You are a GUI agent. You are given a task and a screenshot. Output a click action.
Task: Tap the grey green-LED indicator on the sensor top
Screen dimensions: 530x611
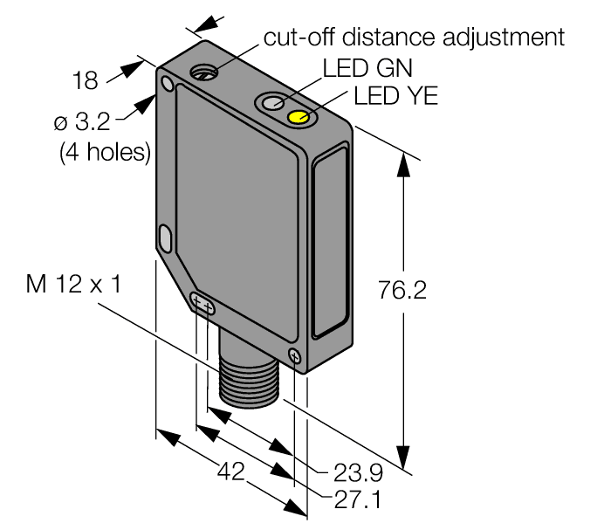pos(272,104)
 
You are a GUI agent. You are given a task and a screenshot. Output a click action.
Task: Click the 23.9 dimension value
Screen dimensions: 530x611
pos(358,474)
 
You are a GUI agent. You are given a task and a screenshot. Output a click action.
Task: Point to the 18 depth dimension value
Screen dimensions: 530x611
pos(85,81)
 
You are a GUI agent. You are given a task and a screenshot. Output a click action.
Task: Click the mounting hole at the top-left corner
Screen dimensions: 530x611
pos(166,84)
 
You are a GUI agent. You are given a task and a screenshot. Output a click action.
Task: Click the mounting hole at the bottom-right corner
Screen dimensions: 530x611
pos(294,355)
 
